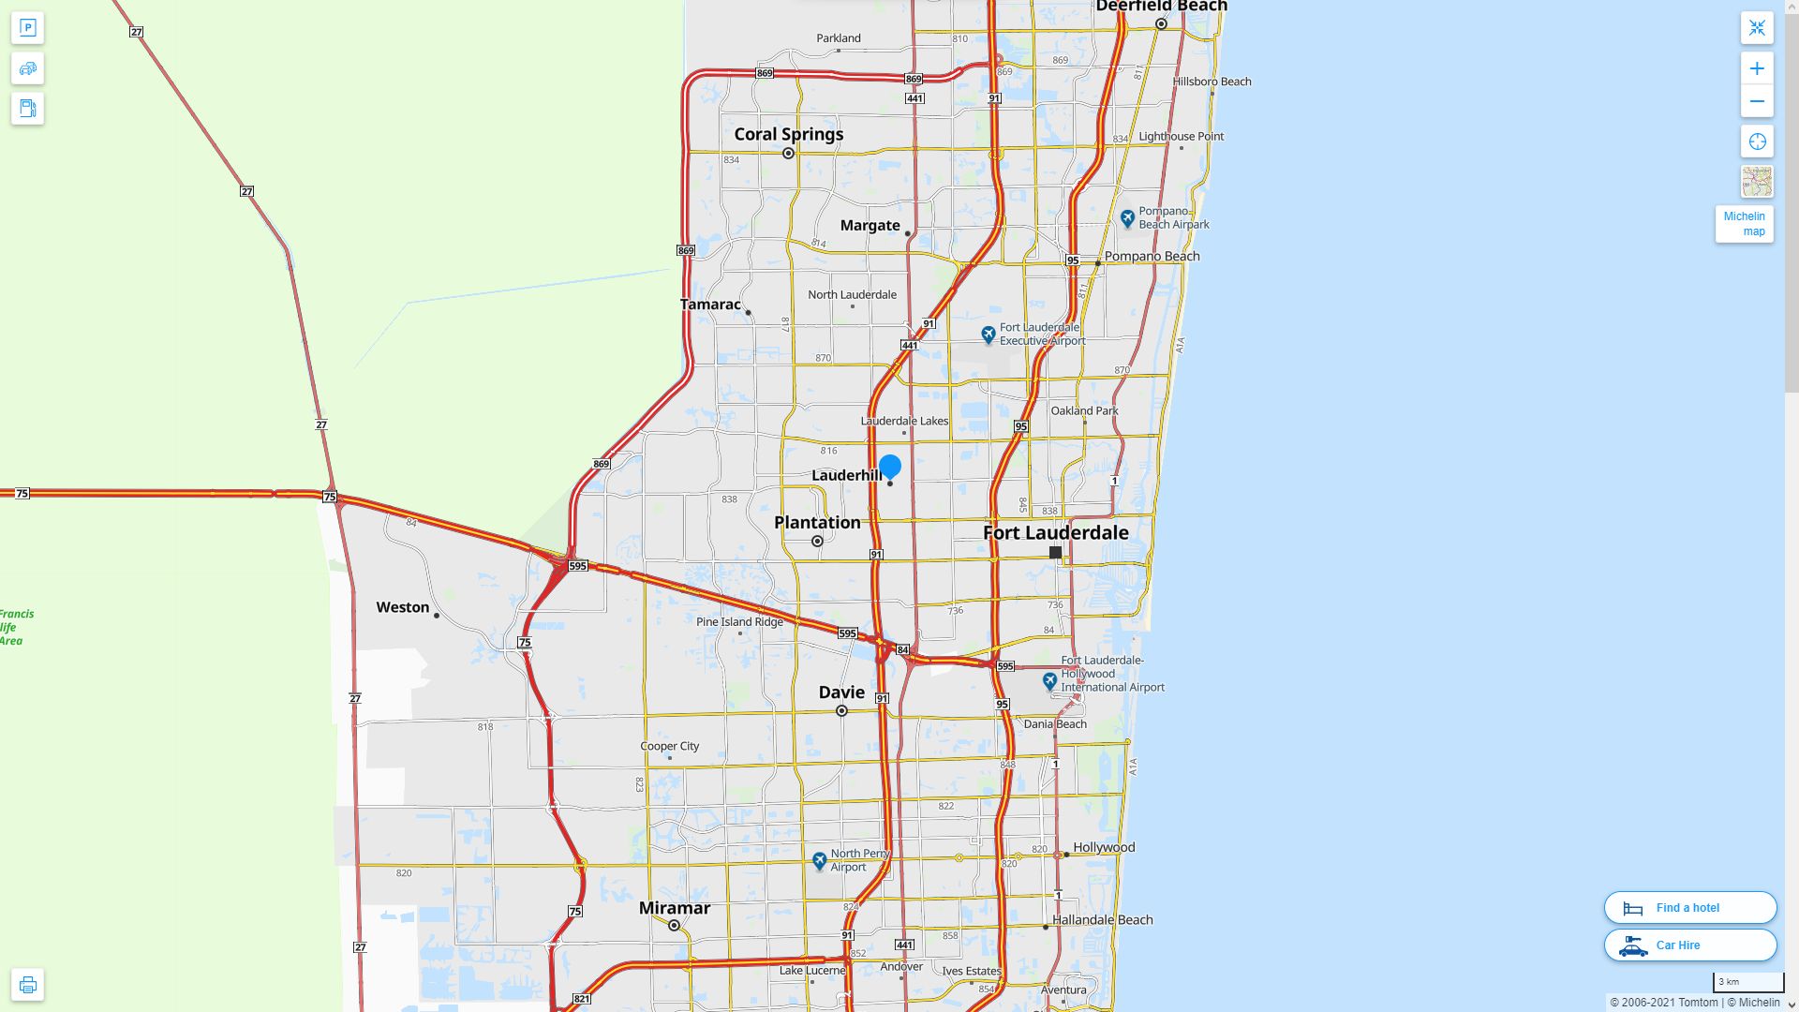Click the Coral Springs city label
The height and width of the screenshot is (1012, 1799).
coord(788,134)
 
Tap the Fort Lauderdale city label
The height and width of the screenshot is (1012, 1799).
coord(1055,533)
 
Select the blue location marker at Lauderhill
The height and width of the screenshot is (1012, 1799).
coord(890,466)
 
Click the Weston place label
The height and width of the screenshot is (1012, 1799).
coord(403,607)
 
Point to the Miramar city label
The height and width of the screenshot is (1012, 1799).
coord(674,908)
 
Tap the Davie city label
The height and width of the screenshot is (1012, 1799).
coord(841,692)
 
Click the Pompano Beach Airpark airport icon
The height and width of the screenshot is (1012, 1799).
coord(1128,218)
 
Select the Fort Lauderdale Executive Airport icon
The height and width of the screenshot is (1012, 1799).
coord(988,334)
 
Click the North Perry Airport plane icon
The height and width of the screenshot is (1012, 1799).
coord(820,859)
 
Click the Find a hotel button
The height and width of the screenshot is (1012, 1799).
coord(1689,908)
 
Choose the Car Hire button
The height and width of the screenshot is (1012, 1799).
coord(1689,945)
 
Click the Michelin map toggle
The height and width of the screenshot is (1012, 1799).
coord(1744,224)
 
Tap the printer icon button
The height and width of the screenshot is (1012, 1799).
coord(27,985)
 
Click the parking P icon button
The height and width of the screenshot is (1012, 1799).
coord(27,28)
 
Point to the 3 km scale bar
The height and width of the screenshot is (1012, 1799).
coord(1747,983)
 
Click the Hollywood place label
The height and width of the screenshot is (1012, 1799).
coord(1103,847)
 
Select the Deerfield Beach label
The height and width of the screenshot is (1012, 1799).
coord(1161,7)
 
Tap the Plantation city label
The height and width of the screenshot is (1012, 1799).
coord(817,523)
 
